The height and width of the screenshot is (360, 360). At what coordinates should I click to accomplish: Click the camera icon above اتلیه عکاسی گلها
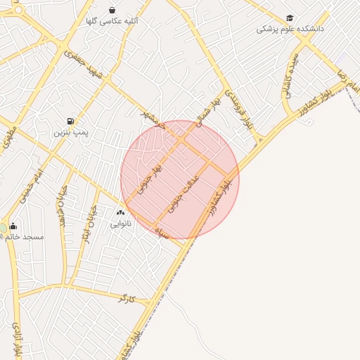(112, 10)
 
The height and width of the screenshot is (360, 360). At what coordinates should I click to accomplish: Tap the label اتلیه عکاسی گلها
(112, 22)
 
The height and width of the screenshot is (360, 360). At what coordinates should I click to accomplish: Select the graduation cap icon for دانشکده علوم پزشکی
(290, 18)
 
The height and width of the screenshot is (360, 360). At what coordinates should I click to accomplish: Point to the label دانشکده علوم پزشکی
(289, 30)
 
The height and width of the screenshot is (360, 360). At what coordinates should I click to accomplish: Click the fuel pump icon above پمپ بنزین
(70, 121)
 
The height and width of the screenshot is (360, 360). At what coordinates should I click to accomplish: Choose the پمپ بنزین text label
(70, 132)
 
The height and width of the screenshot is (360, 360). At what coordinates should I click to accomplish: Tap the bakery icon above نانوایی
(120, 212)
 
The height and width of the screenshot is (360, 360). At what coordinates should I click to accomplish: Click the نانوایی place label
(120, 224)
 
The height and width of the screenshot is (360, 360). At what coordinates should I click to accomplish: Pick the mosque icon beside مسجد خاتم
(13, 226)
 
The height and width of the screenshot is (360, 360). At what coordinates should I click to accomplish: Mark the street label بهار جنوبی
(150, 179)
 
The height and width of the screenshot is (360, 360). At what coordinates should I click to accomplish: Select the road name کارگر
(127, 299)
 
